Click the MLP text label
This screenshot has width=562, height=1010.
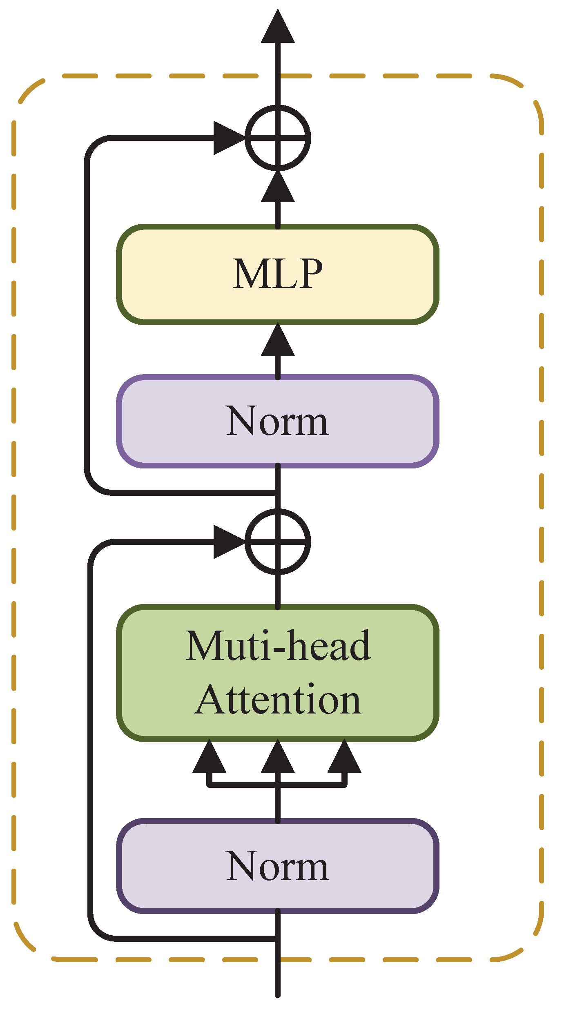tap(278, 274)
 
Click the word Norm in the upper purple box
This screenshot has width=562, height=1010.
tap(277, 421)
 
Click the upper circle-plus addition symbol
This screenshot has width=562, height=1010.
tap(278, 138)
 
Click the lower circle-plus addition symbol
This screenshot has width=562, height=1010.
tap(278, 542)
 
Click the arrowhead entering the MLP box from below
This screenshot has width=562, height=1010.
tap(278, 341)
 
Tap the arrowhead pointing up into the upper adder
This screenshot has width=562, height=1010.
tap(278, 188)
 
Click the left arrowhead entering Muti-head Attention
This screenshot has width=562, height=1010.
tap(209, 758)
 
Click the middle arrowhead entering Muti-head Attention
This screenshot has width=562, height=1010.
tap(278, 758)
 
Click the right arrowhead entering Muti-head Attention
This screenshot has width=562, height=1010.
tap(344, 758)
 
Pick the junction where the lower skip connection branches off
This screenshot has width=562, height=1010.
tap(278, 938)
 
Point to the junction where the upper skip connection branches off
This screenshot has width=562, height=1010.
tap(278, 493)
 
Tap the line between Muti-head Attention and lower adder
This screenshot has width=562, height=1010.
tap(278, 590)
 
